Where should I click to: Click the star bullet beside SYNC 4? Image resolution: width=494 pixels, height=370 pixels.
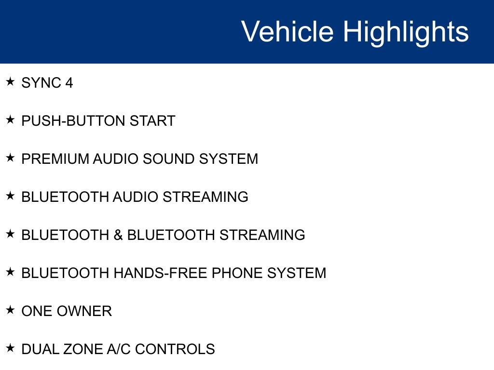pyautogui.click(x=10, y=81)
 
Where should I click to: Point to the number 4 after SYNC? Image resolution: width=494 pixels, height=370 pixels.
pyautogui.click(x=69, y=83)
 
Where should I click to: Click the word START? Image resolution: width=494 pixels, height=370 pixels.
pyautogui.click(x=152, y=121)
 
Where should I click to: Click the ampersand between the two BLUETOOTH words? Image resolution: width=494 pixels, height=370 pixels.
pyautogui.click(x=118, y=235)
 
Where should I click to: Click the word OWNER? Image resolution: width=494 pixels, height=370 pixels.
pyautogui.click(x=84, y=311)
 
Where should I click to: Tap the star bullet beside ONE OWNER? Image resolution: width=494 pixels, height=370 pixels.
pyautogui.click(x=10, y=310)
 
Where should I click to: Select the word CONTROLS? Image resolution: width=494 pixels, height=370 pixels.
pyautogui.click(x=175, y=349)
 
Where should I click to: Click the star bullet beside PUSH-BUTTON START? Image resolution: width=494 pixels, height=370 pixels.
pyautogui.click(x=10, y=119)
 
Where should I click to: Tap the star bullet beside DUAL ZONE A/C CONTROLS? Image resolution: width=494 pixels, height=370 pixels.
pyautogui.click(x=10, y=348)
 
